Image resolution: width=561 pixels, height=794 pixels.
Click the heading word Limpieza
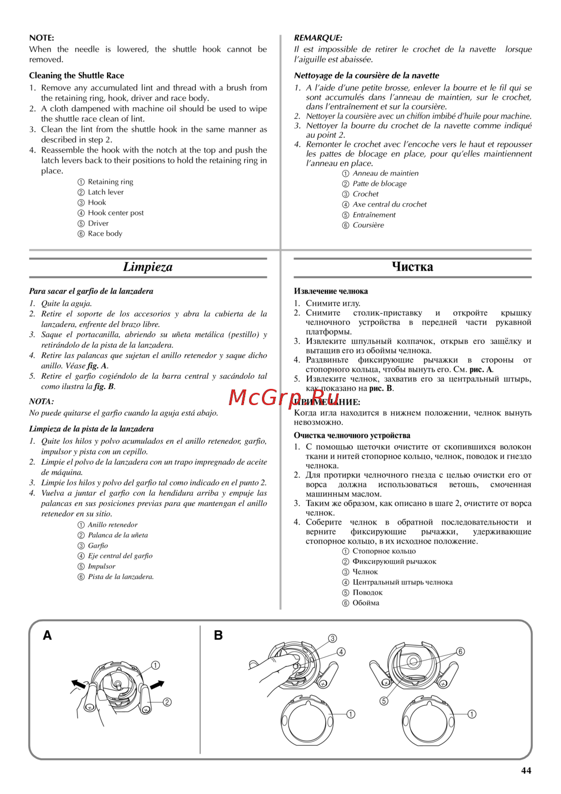[x=148, y=267]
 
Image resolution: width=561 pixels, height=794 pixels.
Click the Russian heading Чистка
[x=412, y=267]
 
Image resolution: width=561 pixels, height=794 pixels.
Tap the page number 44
[x=526, y=770]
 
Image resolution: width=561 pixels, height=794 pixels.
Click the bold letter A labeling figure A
[x=48, y=635]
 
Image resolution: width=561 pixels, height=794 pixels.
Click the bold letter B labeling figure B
[x=218, y=635]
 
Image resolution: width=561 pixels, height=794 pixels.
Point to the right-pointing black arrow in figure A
[x=157, y=685]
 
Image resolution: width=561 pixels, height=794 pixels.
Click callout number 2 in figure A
[x=167, y=702]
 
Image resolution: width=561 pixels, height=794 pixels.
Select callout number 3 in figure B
[x=333, y=639]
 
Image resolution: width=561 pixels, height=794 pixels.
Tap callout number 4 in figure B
[x=341, y=652]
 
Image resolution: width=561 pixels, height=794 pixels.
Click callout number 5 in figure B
[x=384, y=701]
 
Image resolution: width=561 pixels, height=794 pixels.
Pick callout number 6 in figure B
[x=461, y=651]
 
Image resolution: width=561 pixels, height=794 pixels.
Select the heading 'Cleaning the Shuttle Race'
[x=77, y=76]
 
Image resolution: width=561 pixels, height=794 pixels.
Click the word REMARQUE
[x=318, y=38]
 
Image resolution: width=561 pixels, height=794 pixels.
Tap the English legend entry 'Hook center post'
[x=116, y=213]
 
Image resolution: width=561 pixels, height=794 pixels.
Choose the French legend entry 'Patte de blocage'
[x=379, y=183]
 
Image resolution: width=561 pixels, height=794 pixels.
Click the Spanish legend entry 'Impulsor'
[x=102, y=567]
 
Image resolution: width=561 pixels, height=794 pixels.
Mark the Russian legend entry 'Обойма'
[x=366, y=603]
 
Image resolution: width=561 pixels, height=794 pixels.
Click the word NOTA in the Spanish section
[x=41, y=402]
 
